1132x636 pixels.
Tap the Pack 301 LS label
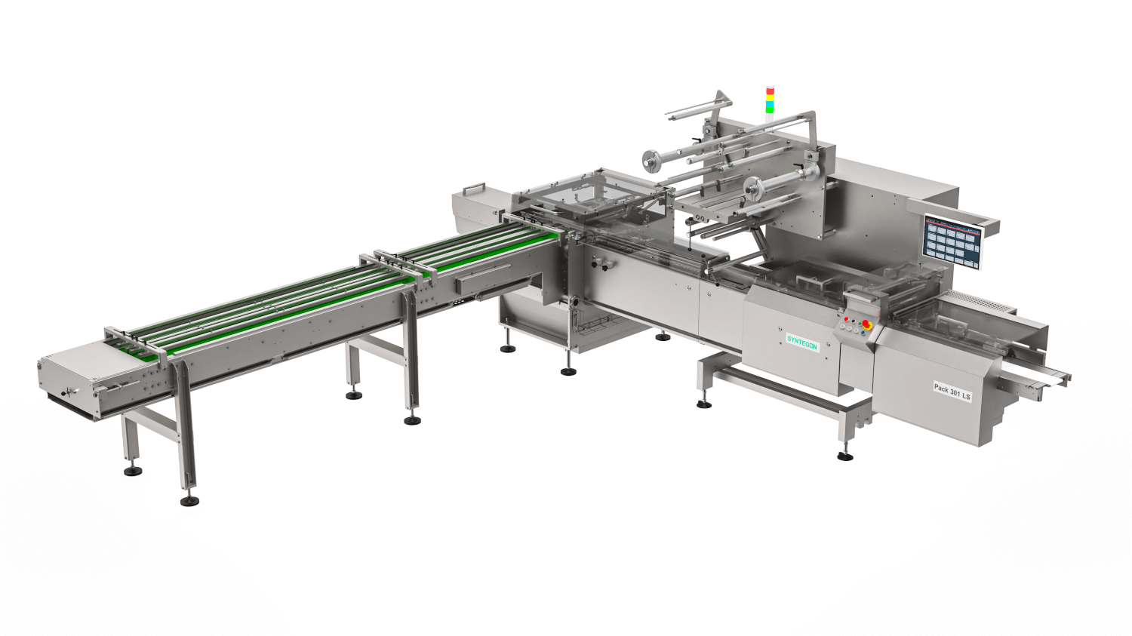tap(952, 392)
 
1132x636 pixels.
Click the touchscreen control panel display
tap(952, 241)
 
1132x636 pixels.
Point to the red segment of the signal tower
tap(770, 91)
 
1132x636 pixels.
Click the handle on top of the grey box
tap(475, 186)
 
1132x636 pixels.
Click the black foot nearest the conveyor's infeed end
tap(134, 472)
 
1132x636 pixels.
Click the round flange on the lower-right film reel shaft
tap(752, 189)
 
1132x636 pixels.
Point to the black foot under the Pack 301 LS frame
tap(845, 456)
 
